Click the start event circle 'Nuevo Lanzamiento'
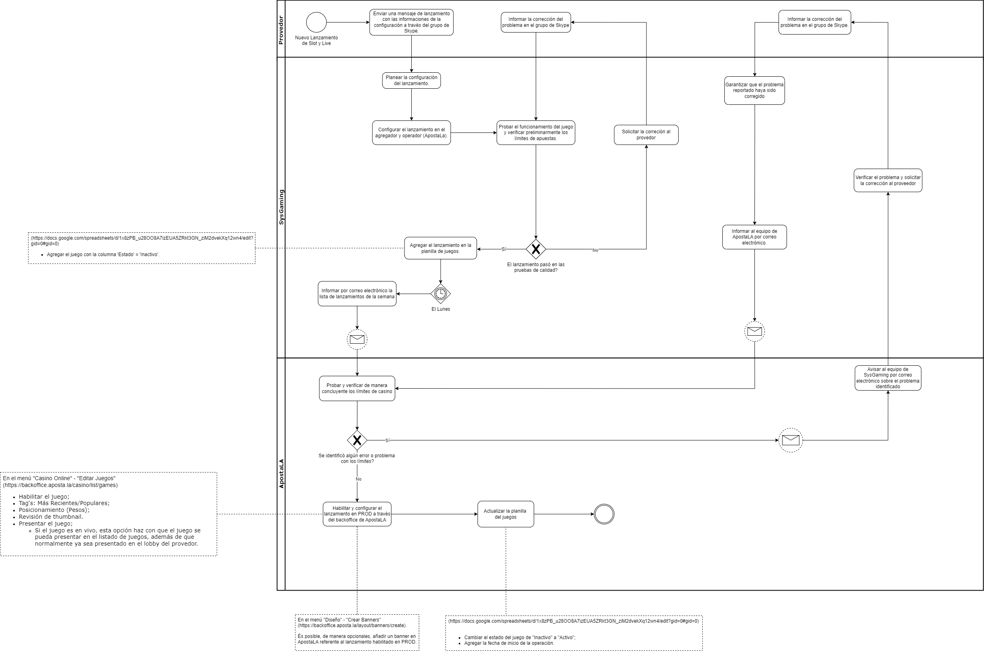pos(316,22)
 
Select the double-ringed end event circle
pos(604,514)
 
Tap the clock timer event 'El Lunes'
pos(441,293)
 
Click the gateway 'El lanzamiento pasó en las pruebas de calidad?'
pos(536,249)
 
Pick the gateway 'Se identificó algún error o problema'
pos(357,440)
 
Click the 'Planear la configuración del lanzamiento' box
pos(411,80)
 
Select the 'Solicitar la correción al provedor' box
pos(646,135)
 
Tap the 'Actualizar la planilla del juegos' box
pos(505,514)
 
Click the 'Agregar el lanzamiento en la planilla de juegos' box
pos(441,248)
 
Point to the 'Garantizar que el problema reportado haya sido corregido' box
pos(754,90)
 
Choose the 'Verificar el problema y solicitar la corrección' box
pos(888,181)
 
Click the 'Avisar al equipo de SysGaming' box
pos(888,378)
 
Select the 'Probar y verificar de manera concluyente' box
pos(357,388)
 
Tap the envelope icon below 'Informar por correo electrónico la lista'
pos(357,339)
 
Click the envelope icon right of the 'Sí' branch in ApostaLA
pos(790,440)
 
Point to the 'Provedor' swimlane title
pos(281,30)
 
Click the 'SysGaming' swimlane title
pos(281,207)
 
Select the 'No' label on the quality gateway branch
pos(595,251)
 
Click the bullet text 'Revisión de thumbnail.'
pos(51,517)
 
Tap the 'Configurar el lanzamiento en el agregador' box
pos(411,132)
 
